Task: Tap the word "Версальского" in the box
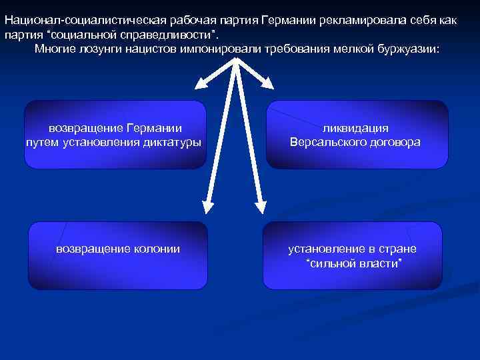323,143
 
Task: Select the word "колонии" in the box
155,249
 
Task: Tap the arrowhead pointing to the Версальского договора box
268,83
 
